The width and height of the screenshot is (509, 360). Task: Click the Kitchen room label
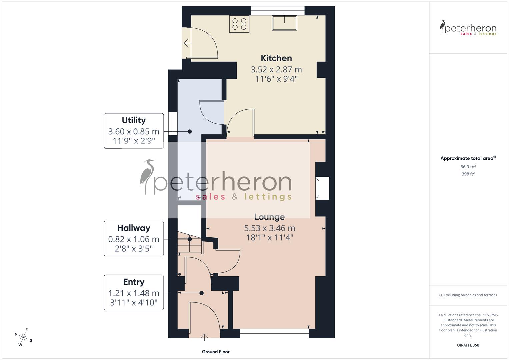click(276, 58)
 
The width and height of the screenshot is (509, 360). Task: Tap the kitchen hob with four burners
click(239, 24)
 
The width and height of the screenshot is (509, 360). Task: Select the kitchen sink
click(284, 23)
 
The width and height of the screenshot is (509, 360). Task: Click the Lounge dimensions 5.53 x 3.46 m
click(269, 228)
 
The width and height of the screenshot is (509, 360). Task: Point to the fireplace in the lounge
click(322, 188)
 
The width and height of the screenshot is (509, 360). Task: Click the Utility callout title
click(134, 120)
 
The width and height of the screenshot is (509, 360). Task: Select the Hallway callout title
click(134, 228)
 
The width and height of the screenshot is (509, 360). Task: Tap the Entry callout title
click(134, 282)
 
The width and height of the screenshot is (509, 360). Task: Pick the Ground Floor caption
click(216, 352)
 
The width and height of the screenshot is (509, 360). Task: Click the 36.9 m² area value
click(468, 167)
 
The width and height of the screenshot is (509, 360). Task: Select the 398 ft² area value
click(468, 174)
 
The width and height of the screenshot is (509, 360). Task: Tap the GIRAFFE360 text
click(468, 345)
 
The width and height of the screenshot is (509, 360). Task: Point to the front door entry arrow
click(205, 337)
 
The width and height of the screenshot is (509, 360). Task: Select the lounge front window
click(274, 333)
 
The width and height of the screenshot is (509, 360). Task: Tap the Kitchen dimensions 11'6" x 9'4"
click(276, 79)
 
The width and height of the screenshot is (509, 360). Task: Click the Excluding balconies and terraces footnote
click(468, 295)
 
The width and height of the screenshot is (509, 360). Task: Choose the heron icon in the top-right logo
click(443, 27)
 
